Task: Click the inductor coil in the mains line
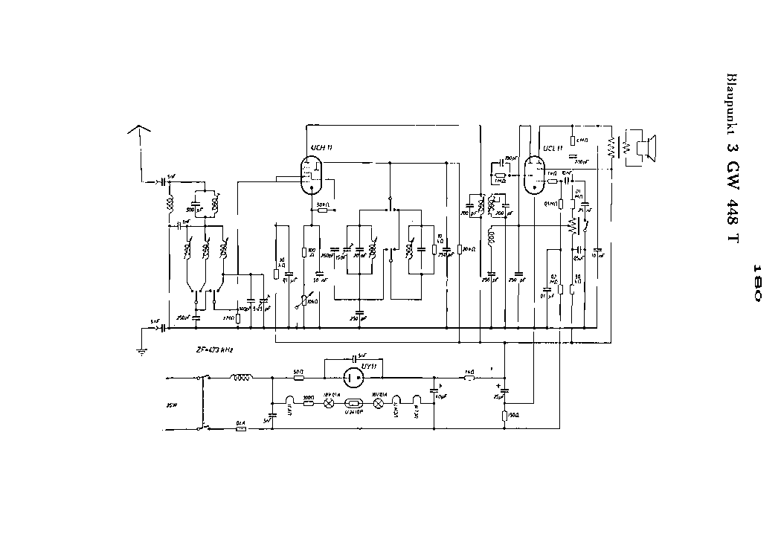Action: click(x=241, y=378)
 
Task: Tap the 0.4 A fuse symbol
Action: click(x=240, y=429)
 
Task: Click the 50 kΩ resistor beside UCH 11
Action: click(x=322, y=210)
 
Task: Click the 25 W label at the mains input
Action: click(x=173, y=405)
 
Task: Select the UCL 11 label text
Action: click(x=552, y=148)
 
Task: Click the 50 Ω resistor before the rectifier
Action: click(x=298, y=378)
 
